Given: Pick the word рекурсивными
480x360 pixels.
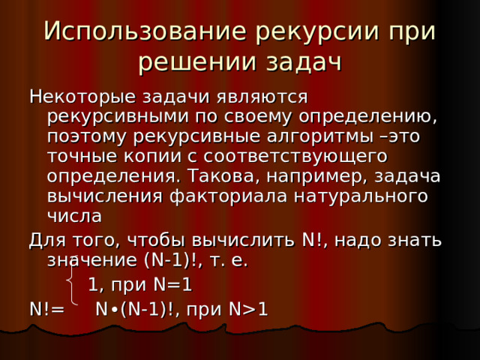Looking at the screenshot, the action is [118, 118].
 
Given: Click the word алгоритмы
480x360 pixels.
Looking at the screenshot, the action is [320, 137].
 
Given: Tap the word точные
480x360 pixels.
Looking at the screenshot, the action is [82, 157].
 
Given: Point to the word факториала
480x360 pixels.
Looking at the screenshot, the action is [228, 197].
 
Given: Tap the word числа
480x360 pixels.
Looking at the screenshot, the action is [74, 217].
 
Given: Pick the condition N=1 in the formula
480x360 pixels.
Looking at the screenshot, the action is [173, 284].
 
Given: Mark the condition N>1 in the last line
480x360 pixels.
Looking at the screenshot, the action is [248, 309].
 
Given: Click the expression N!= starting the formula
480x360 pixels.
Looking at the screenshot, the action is [47, 309].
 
